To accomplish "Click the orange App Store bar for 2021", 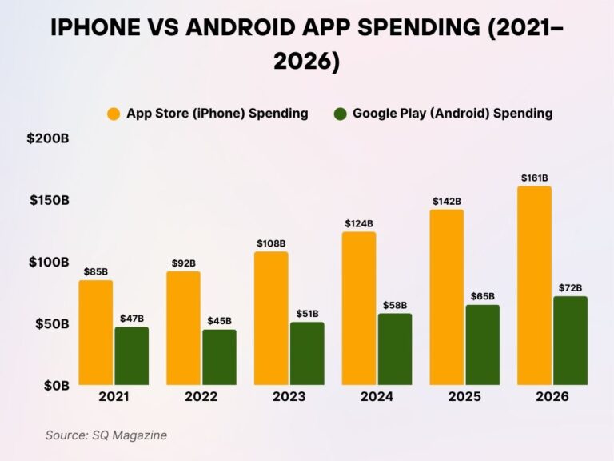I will pos(95,333).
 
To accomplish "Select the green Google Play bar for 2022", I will pos(219,357).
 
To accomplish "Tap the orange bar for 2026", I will pos(534,286).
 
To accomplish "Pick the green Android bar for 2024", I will pos(395,349).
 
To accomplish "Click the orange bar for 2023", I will pos(271,319).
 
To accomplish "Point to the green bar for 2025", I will pos(482,345).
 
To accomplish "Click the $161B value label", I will pos(534,178).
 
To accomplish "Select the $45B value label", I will pos(219,321).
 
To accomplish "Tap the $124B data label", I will pos(359,223).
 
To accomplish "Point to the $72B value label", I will pos(570,287).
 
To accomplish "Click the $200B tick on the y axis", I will pos(48,138).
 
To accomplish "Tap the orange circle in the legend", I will pos(114,114).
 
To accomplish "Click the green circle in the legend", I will pos(340,114).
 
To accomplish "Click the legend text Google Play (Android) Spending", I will pos(453,114).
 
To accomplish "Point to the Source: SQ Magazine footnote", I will pos(106,435).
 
